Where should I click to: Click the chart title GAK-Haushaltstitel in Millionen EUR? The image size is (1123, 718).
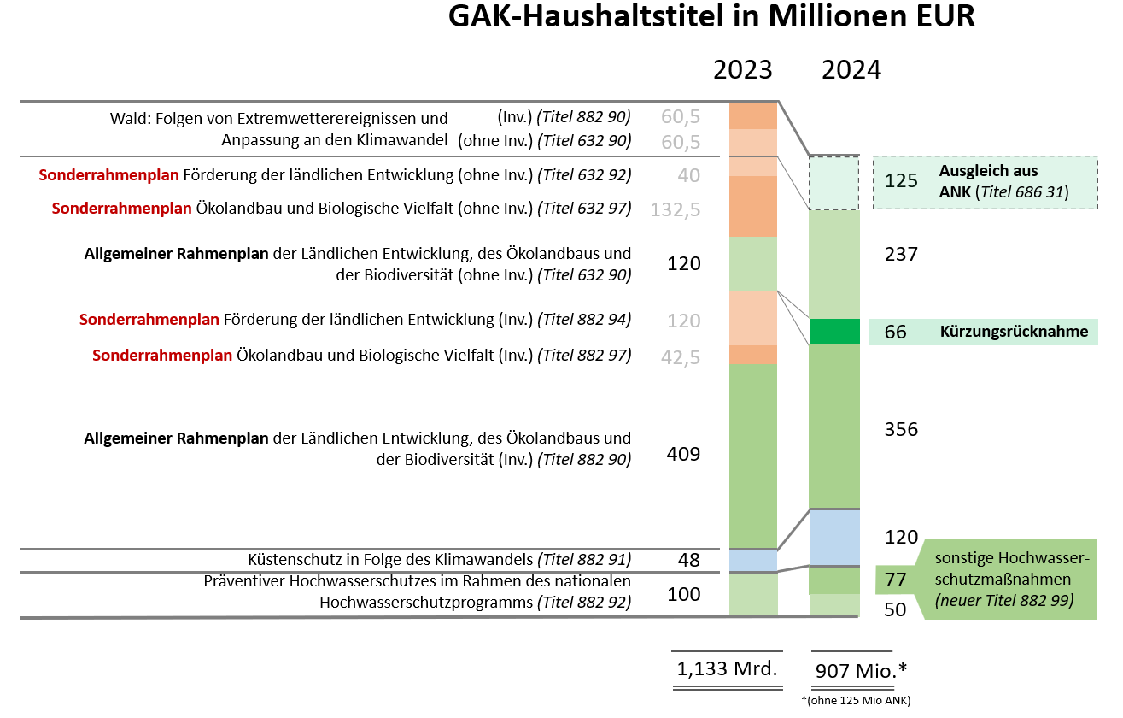[711, 17]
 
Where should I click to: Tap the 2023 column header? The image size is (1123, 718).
[742, 70]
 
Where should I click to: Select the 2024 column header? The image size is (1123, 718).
[851, 70]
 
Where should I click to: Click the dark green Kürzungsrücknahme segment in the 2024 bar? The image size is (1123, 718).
[834, 332]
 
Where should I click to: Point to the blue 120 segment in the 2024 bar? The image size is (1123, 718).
[834, 537]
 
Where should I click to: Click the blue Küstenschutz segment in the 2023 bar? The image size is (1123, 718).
[752, 561]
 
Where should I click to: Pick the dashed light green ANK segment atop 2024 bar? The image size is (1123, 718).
[834, 183]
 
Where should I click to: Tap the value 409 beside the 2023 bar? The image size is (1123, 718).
[683, 455]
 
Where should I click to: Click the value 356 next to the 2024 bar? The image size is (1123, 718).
[901, 429]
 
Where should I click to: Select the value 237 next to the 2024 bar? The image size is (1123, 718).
[901, 254]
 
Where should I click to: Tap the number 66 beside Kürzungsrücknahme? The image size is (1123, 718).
[895, 332]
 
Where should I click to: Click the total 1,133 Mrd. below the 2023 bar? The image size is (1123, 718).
[727, 668]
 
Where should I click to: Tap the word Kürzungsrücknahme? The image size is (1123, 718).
[1014, 332]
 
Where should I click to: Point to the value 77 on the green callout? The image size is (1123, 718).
[895, 580]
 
